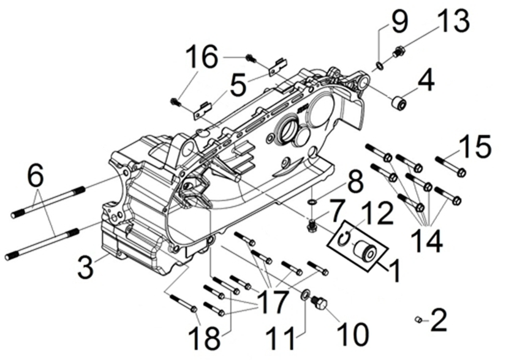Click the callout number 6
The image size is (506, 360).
point(36,178)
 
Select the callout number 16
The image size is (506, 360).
point(202,59)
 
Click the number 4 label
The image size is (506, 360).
point(426,80)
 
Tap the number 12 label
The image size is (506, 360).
point(381,216)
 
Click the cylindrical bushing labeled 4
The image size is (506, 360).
point(399,103)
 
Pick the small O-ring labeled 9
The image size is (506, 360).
point(380,65)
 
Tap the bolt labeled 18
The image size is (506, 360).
point(182,304)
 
